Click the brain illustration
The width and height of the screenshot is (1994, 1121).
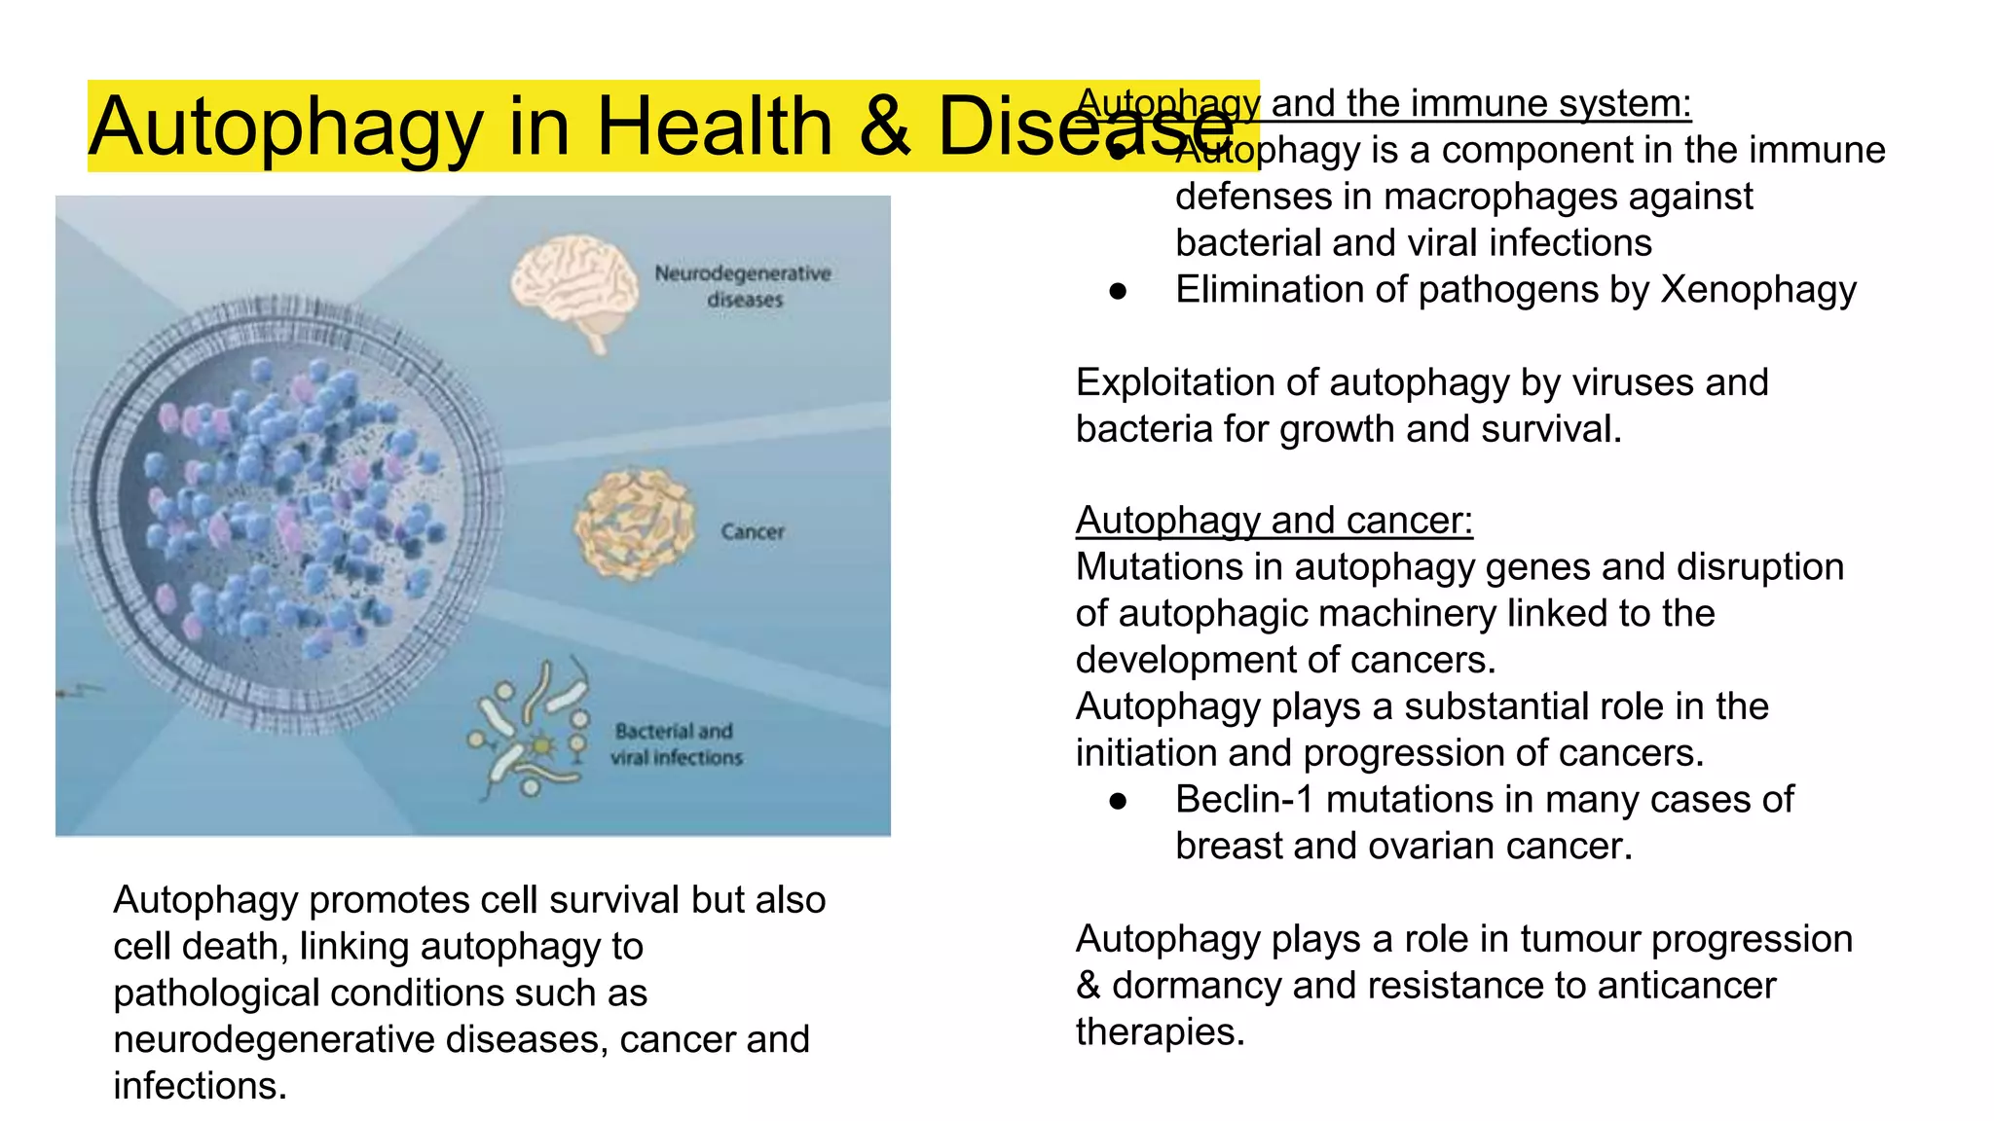coord(574,288)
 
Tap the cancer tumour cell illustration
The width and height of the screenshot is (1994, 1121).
coord(635,525)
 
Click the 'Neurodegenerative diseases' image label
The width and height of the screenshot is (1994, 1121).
coord(743,286)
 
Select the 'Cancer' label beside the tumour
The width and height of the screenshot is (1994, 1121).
coord(753,531)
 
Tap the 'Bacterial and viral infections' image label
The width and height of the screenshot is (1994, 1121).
coord(676,744)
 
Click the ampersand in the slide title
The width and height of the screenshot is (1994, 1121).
coord(884,127)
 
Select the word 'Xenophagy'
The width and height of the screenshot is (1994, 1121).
coord(1758,290)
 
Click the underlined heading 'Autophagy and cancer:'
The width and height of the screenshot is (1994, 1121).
coord(1274,521)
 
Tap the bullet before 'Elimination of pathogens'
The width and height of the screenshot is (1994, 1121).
coord(1118,291)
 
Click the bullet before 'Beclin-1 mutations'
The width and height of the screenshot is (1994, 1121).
coord(1118,801)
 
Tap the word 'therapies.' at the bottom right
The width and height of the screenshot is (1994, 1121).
coord(1160,1032)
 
